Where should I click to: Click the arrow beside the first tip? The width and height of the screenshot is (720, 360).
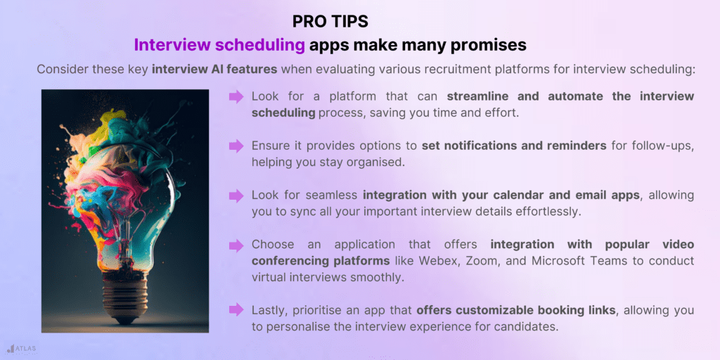pos(236,96)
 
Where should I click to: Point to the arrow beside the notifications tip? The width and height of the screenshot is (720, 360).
pos(236,146)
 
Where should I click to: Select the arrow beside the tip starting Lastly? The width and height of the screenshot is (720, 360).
pos(236,311)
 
